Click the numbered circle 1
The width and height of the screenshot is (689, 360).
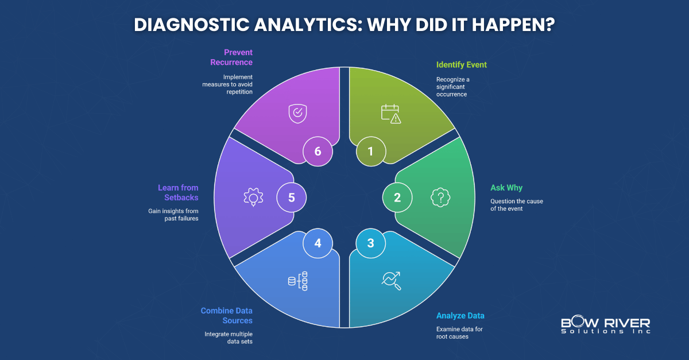click(370, 152)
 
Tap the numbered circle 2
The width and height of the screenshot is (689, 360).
click(397, 197)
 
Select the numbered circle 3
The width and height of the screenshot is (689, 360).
click(370, 243)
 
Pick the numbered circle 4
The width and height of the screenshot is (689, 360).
click(318, 243)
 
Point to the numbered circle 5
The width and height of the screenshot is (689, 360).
click(291, 197)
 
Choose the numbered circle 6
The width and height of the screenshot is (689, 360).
click(318, 152)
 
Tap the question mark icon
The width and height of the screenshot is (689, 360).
click(440, 197)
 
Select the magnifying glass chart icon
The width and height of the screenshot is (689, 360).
click(391, 280)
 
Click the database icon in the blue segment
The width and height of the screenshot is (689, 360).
click(297, 280)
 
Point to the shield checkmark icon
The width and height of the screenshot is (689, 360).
click(297, 114)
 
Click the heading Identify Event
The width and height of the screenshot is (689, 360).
click(461, 65)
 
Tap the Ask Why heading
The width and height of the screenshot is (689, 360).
click(506, 188)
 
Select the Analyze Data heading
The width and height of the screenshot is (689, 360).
click(460, 315)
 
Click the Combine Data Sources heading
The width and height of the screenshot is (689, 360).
click(226, 315)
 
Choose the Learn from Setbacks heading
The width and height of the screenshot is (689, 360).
click(178, 192)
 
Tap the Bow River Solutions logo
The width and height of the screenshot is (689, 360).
click(605, 326)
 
